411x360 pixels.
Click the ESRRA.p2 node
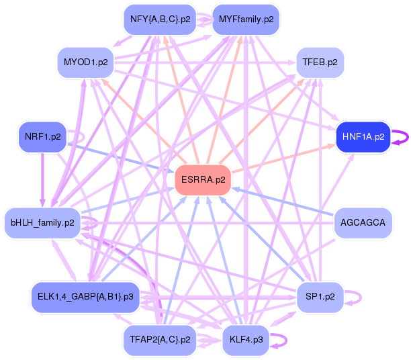point(203,180)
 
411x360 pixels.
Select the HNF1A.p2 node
point(363,136)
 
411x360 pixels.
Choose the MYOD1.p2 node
point(85,62)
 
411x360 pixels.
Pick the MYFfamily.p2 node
point(246,19)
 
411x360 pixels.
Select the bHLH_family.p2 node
point(42,222)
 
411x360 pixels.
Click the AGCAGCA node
point(363,222)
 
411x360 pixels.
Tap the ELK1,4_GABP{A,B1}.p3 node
point(85,296)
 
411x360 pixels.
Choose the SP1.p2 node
point(320,296)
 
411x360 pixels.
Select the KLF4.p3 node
point(246,340)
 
